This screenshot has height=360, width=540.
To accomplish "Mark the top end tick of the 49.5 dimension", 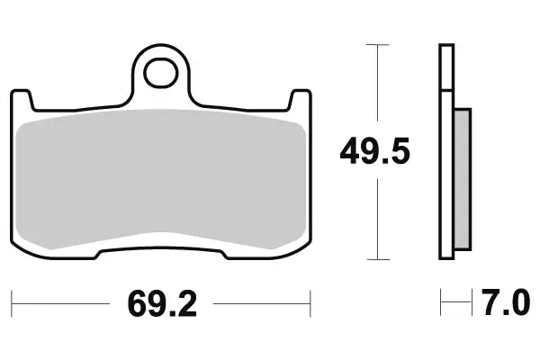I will click(376, 44).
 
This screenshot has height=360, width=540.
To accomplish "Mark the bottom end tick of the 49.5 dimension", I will click(376, 258).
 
